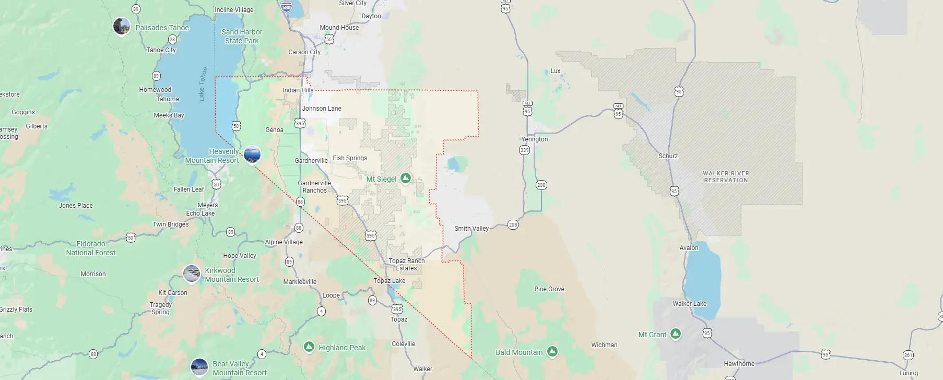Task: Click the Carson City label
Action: click(x=304, y=52)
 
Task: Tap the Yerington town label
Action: click(x=534, y=139)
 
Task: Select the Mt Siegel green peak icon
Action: click(x=405, y=179)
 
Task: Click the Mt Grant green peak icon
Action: click(x=675, y=334)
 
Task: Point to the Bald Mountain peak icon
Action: click(x=552, y=352)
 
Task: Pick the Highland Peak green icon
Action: click(x=309, y=347)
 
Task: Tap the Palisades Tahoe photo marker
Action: click(x=122, y=26)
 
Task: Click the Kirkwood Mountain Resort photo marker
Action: click(x=192, y=274)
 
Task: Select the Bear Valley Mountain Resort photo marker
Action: click(x=199, y=367)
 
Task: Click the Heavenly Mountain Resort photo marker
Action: click(x=252, y=155)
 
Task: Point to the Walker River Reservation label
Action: click(x=725, y=177)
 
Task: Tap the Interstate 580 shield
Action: click(x=286, y=7)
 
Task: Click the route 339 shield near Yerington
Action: click(x=524, y=150)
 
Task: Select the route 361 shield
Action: click(x=908, y=355)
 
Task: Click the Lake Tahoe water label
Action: click(x=203, y=84)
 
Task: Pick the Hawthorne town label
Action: click(x=739, y=364)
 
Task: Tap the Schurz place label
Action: click(x=668, y=156)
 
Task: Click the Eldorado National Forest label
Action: click(x=91, y=248)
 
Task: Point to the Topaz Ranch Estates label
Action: click(x=406, y=265)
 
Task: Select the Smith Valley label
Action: click(x=471, y=229)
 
